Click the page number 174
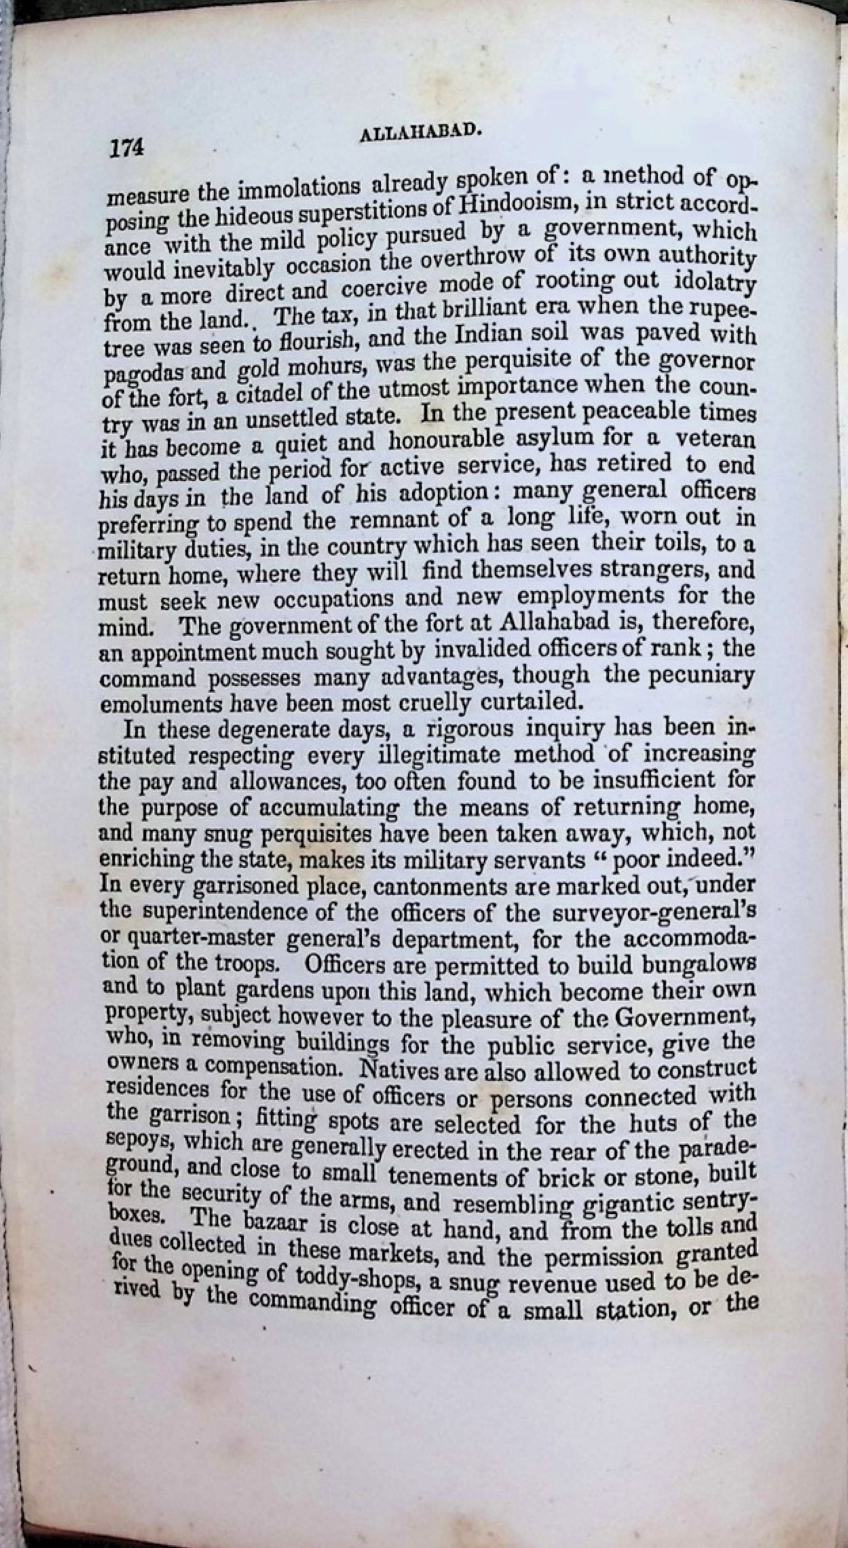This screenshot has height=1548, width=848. [127, 148]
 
